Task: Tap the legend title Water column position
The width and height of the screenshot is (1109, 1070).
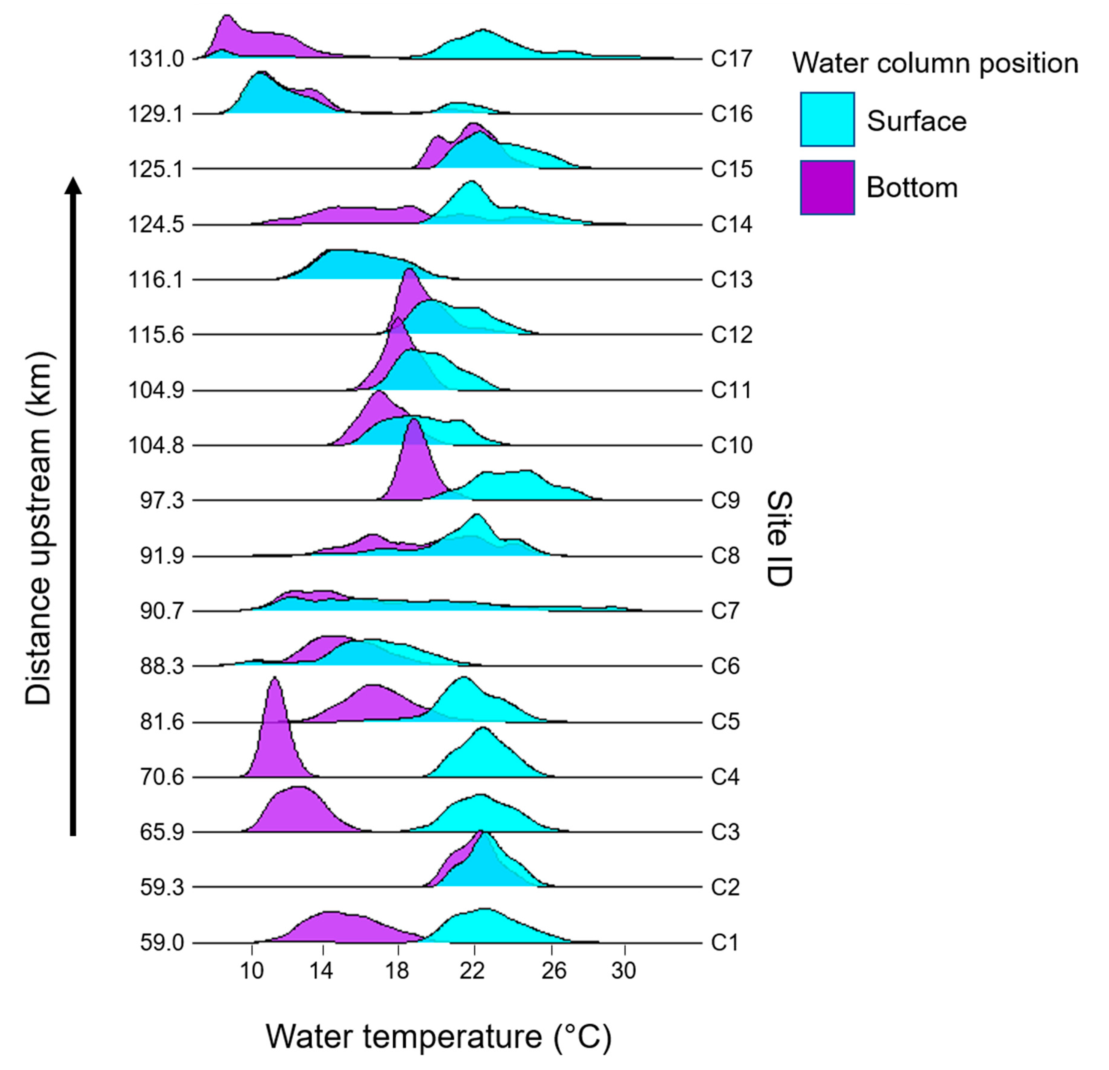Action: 935,63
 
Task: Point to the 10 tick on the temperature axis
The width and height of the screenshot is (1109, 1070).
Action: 251,971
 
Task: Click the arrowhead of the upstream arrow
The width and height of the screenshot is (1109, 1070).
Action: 72,186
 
